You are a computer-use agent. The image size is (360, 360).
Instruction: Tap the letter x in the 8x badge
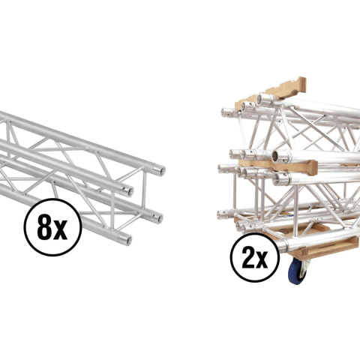click(x=61, y=231)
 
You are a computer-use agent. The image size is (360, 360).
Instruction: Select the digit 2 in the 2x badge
click(x=249, y=258)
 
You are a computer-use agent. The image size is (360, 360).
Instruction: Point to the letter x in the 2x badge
click(x=263, y=261)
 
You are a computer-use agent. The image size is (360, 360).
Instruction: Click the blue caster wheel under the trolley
click(x=298, y=271)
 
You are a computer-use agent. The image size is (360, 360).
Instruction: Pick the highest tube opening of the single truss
click(x=160, y=171)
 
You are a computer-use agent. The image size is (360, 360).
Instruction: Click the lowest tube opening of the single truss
click(x=126, y=239)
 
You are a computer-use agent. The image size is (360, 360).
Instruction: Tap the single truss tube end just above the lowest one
click(x=157, y=217)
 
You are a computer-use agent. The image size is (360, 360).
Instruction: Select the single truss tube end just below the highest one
click(x=127, y=191)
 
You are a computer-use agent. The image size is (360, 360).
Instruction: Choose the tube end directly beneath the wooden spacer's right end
click(x=282, y=179)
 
